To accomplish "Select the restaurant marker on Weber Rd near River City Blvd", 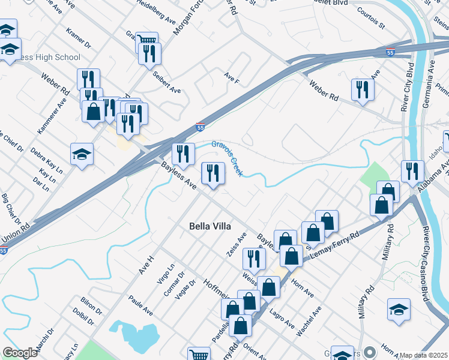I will click(x=363, y=89).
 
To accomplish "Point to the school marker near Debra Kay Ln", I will click(x=82, y=155).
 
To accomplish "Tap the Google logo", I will click(x=20, y=353).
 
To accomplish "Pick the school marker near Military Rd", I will click(x=399, y=310).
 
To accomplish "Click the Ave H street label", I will click(x=147, y=265).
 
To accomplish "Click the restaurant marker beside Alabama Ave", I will click(x=412, y=171).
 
